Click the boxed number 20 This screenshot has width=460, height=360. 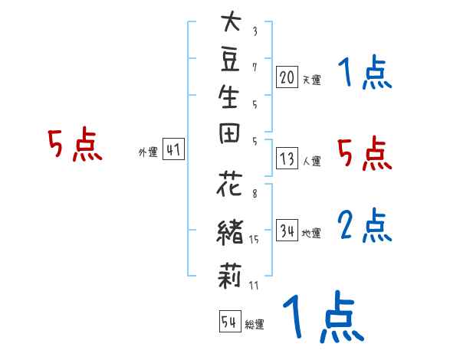point(287,77)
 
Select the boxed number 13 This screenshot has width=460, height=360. point(287,159)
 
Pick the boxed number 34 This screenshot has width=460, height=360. point(287,231)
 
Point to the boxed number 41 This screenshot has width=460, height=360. point(173,151)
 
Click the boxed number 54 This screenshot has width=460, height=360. point(231,322)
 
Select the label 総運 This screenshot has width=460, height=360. point(255,325)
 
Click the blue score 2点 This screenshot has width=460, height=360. point(364,224)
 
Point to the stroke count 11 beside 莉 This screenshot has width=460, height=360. point(254,286)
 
